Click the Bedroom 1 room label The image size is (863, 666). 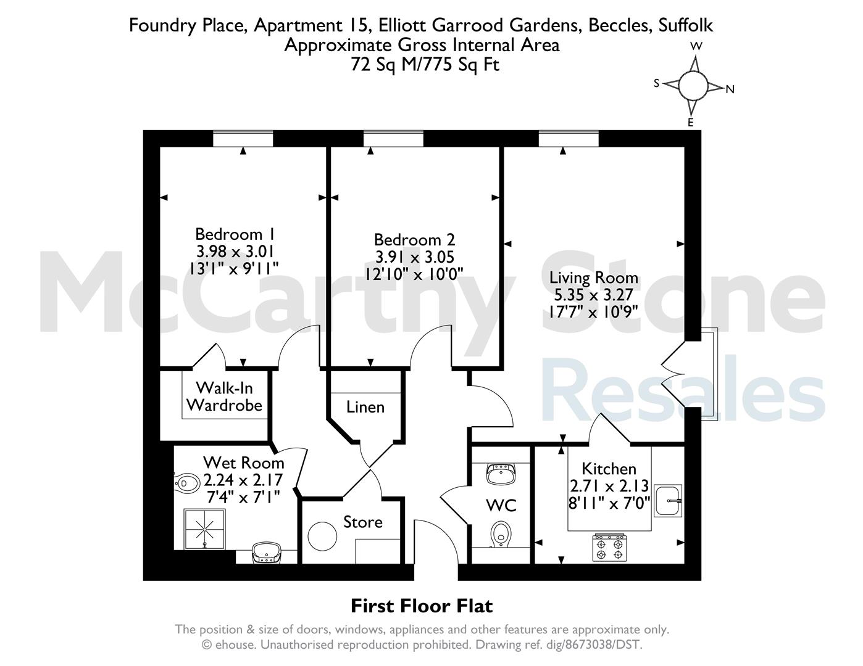[235, 234]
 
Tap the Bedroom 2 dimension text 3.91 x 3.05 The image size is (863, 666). [415, 257]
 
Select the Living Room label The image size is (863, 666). [593, 277]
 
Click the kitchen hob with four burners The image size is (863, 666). [610, 548]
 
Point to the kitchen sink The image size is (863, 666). [668, 501]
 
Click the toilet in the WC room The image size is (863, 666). [501, 534]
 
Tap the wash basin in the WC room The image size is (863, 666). [501, 473]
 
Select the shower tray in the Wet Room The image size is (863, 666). [204, 529]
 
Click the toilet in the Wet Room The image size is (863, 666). [187, 483]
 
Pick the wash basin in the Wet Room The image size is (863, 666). [267, 553]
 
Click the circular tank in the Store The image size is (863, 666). [322, 536]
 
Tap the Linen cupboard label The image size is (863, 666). [365, 407]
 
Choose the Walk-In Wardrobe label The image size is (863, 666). [224, 397]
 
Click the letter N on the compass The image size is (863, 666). [730, 89]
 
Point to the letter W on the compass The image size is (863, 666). [696, 46]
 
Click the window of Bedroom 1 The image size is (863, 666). [243, 139]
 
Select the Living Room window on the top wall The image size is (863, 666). [569, 139]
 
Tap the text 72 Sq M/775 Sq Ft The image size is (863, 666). [425, 64]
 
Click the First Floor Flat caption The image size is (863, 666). [422, 606]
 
